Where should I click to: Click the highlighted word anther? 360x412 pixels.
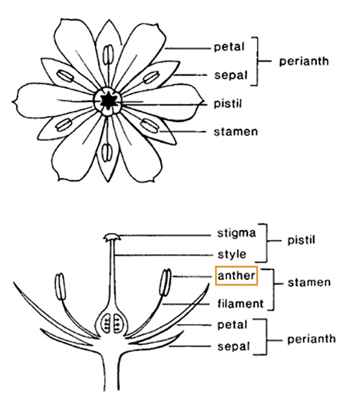[236, 276]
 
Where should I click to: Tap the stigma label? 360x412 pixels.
[236, 234]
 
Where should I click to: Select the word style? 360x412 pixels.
[232, 254]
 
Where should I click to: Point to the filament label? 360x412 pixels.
[240, 304]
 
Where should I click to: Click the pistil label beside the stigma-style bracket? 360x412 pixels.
[301, 240]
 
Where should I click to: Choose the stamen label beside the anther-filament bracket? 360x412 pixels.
[309, 283]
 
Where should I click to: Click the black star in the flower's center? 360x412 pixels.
[107, 101]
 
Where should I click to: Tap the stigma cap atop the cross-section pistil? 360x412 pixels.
[112, 237]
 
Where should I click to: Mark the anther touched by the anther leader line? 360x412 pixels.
[166, 283]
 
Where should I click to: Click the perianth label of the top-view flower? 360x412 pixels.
[304, 62]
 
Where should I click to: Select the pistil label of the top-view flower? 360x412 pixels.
[227, 104]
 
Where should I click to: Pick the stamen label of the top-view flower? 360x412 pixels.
[236, 132]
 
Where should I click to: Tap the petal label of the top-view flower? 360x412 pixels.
[229, 48]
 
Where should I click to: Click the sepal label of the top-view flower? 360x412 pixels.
[231, 76]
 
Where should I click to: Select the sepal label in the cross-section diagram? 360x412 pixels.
[233, 347]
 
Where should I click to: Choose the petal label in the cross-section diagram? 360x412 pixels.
[232, 325]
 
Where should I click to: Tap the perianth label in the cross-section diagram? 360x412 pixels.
[312, 339]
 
